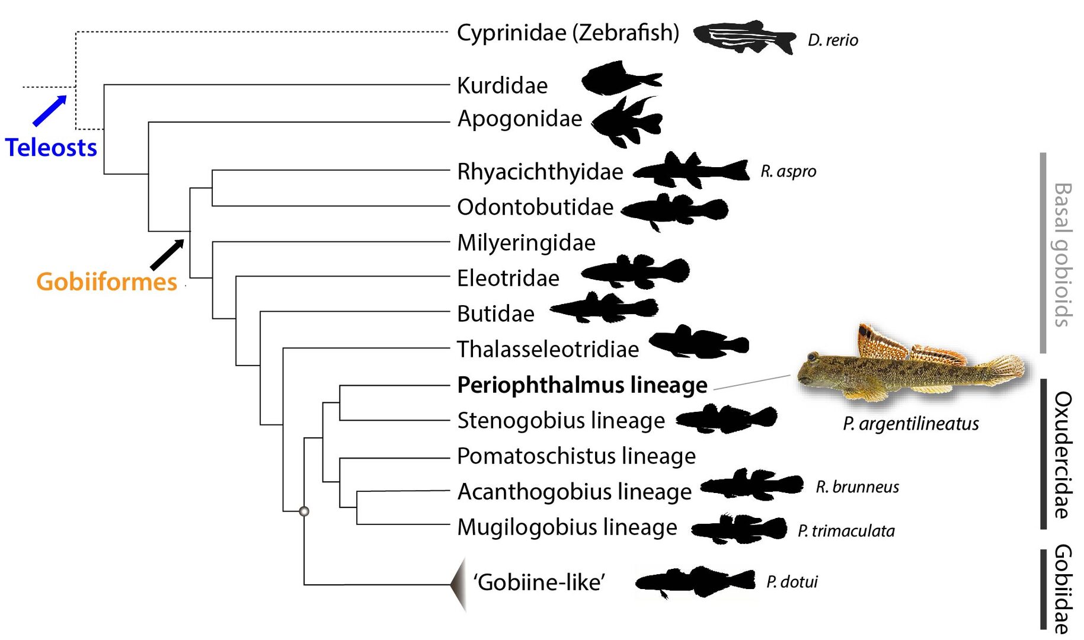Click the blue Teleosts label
click(51, 148)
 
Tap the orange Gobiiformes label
click(107, 281)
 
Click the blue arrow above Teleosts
click(50, 110)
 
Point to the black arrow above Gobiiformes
click(167, 255)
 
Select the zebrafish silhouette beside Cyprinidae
click(744, 37)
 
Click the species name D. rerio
click(833, 40)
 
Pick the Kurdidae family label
click(502, 86)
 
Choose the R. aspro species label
click(788, 171)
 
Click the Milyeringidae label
click(526, 243)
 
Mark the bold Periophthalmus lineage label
click(582, 385)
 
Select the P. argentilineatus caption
click(911, 424)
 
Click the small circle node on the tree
click(304, 511)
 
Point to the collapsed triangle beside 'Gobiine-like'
click(458, 584)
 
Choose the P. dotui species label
click(792, 582)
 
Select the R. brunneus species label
click(857, 487)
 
